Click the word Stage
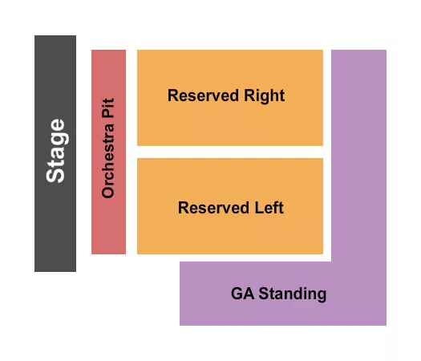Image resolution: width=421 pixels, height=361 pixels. click(55, 151)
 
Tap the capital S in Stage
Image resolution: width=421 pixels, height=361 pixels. click(55, 174)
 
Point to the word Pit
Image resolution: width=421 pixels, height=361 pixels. click(108, 109)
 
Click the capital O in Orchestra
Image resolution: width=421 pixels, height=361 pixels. click(108, 193)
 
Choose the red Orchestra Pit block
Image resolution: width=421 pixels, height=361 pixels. click(108, 225)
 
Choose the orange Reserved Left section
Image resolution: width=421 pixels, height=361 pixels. click(229, 233)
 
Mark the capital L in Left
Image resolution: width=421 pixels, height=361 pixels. click(257, 208)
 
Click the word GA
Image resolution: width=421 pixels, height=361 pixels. click(241, 294)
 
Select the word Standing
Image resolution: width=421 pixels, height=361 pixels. click(291, 294)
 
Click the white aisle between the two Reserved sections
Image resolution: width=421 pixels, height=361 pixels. click(229, 152)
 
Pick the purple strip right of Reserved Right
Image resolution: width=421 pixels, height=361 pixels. click(358, 144)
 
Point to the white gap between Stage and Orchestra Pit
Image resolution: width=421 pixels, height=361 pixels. click(83, 152)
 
